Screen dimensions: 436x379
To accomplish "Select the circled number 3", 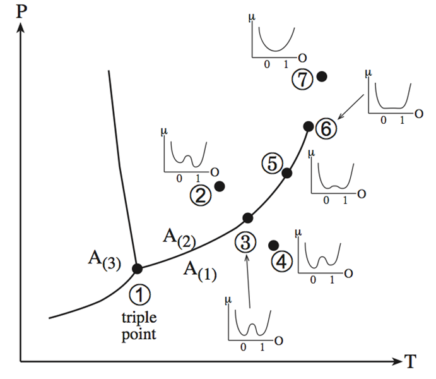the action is (x=247, y=241).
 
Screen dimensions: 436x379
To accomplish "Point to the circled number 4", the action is (x=283, y=261).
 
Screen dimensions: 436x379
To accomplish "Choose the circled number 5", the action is (x=270, y=164).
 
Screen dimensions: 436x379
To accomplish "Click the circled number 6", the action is (x=326, y=128).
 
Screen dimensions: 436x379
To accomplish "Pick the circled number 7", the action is (x=303, y=80).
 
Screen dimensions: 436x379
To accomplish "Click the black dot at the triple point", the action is (x=137, y=268).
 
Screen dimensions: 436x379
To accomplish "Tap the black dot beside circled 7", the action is (x=322, y=76).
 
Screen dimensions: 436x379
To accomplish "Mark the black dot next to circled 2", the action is (x=220, y=186).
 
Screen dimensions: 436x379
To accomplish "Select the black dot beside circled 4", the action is (x=274, y=245).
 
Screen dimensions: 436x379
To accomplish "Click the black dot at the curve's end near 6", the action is (x=308, y=126).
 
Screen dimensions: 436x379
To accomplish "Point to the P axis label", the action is (x=21, y=11).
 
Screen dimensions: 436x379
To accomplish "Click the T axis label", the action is (x=411, y=362).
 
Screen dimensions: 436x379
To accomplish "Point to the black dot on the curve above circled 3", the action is (x=248, y=218).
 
